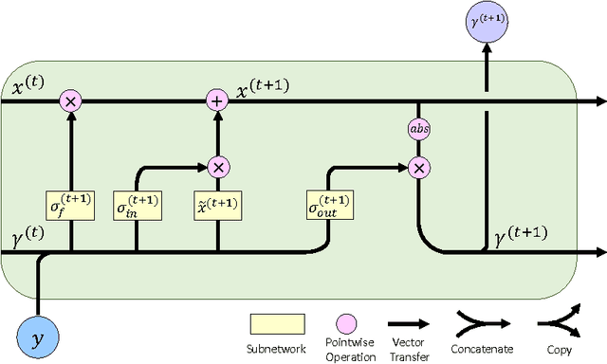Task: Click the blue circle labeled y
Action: pyautogui.click(x=39, y=337)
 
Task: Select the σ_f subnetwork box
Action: pyautogui.click(x=70, y=205)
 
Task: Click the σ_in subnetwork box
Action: pyautogui.click(x=138, y=205)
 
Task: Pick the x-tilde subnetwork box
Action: pyautogui.click(x=219, y=205)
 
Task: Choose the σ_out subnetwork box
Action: pyautogui.click(x=329, y=205)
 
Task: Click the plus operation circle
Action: pyautogui.click(x=219, y=100)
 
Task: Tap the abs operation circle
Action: pyautogui.click(x=418, y=129)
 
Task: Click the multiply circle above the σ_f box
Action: pyautogui.click(x=70, y=100)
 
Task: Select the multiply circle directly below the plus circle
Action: pyautogui.click(x=219, y=167)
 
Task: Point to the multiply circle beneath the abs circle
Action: pyautogui.click(x=418, y=167)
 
